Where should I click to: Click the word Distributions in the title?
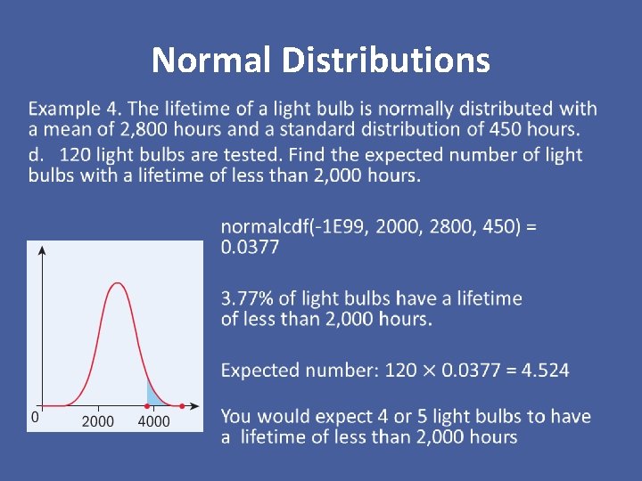tap(385, 61)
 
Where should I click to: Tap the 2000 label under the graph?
tap(98, 421)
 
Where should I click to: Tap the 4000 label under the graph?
tap(153, 421)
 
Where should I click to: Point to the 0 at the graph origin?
tap(35, 416)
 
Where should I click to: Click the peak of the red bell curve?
tap(117, 283)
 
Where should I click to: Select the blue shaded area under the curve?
tap(153, 395)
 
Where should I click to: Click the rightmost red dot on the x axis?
tap(182, 406)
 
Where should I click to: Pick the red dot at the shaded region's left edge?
tap(147, 406)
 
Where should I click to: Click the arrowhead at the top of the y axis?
tap(41, 249)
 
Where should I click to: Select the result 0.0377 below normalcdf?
tap(250, 247)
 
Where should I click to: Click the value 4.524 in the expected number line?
tap(539, 370)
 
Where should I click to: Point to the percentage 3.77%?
tap(247, 298)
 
